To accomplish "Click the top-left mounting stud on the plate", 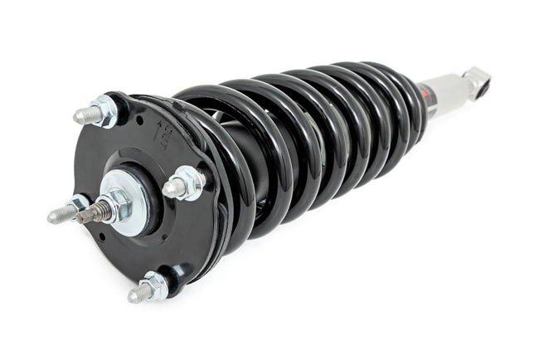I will tap(86, 114).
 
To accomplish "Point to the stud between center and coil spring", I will tap(173, 187).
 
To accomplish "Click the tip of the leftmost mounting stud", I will tap(51, 218).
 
